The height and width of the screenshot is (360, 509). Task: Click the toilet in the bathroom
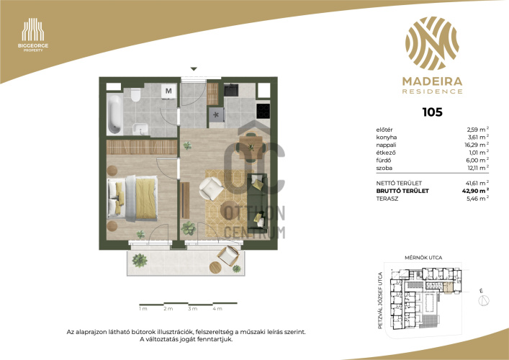[x=135, y=94]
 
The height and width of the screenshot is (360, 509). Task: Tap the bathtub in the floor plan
[x=114, y=114]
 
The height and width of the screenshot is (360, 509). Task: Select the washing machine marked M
[x=168, y=91]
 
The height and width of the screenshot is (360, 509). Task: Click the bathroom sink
[x=140, y=129]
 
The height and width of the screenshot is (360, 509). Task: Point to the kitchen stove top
[x=263, y=111]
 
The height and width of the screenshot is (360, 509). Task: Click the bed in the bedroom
[x=132, y=198]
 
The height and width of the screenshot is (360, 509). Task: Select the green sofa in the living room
[x=258, y=203]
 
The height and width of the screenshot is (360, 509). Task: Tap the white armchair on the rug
[x=211, y=188]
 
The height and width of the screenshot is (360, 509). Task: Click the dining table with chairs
[x=251, y=147]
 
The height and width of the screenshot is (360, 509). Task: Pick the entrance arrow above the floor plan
[x=194, y=69]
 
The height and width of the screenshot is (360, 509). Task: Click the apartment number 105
[x=432, y=112]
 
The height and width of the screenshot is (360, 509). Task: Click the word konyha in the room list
[x=387, y=138]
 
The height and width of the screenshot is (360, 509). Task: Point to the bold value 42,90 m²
[x=476, y=191]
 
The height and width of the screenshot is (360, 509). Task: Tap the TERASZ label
[x=387, y=199]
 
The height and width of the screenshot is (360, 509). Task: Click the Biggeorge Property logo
[x=33, y=35]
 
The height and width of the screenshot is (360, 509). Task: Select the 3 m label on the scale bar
[x=192, y=309]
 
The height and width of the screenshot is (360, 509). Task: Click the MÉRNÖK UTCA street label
[x=423, y=258]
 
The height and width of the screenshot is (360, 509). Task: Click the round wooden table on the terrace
[x=215, y=268]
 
